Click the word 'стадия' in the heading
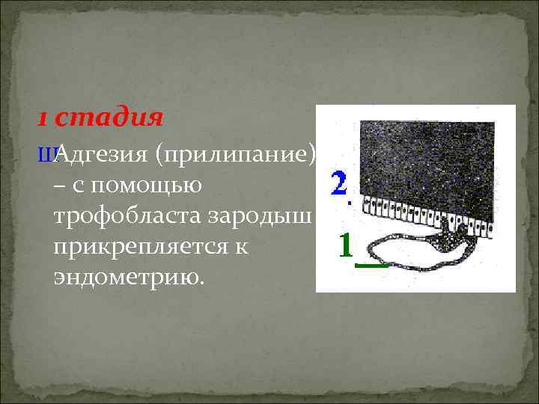pyautogui.click(x=109, y=118)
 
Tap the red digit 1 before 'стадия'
pyautogui.click(x=43, y=119)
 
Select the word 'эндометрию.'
pyautogui.click(x=128, y=277)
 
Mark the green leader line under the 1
pyautogui.click(x=371, y=263)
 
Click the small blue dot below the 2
pyautogui.click(x=347, y=201)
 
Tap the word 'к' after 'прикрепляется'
pyautogui.click(x=241, y=246)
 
